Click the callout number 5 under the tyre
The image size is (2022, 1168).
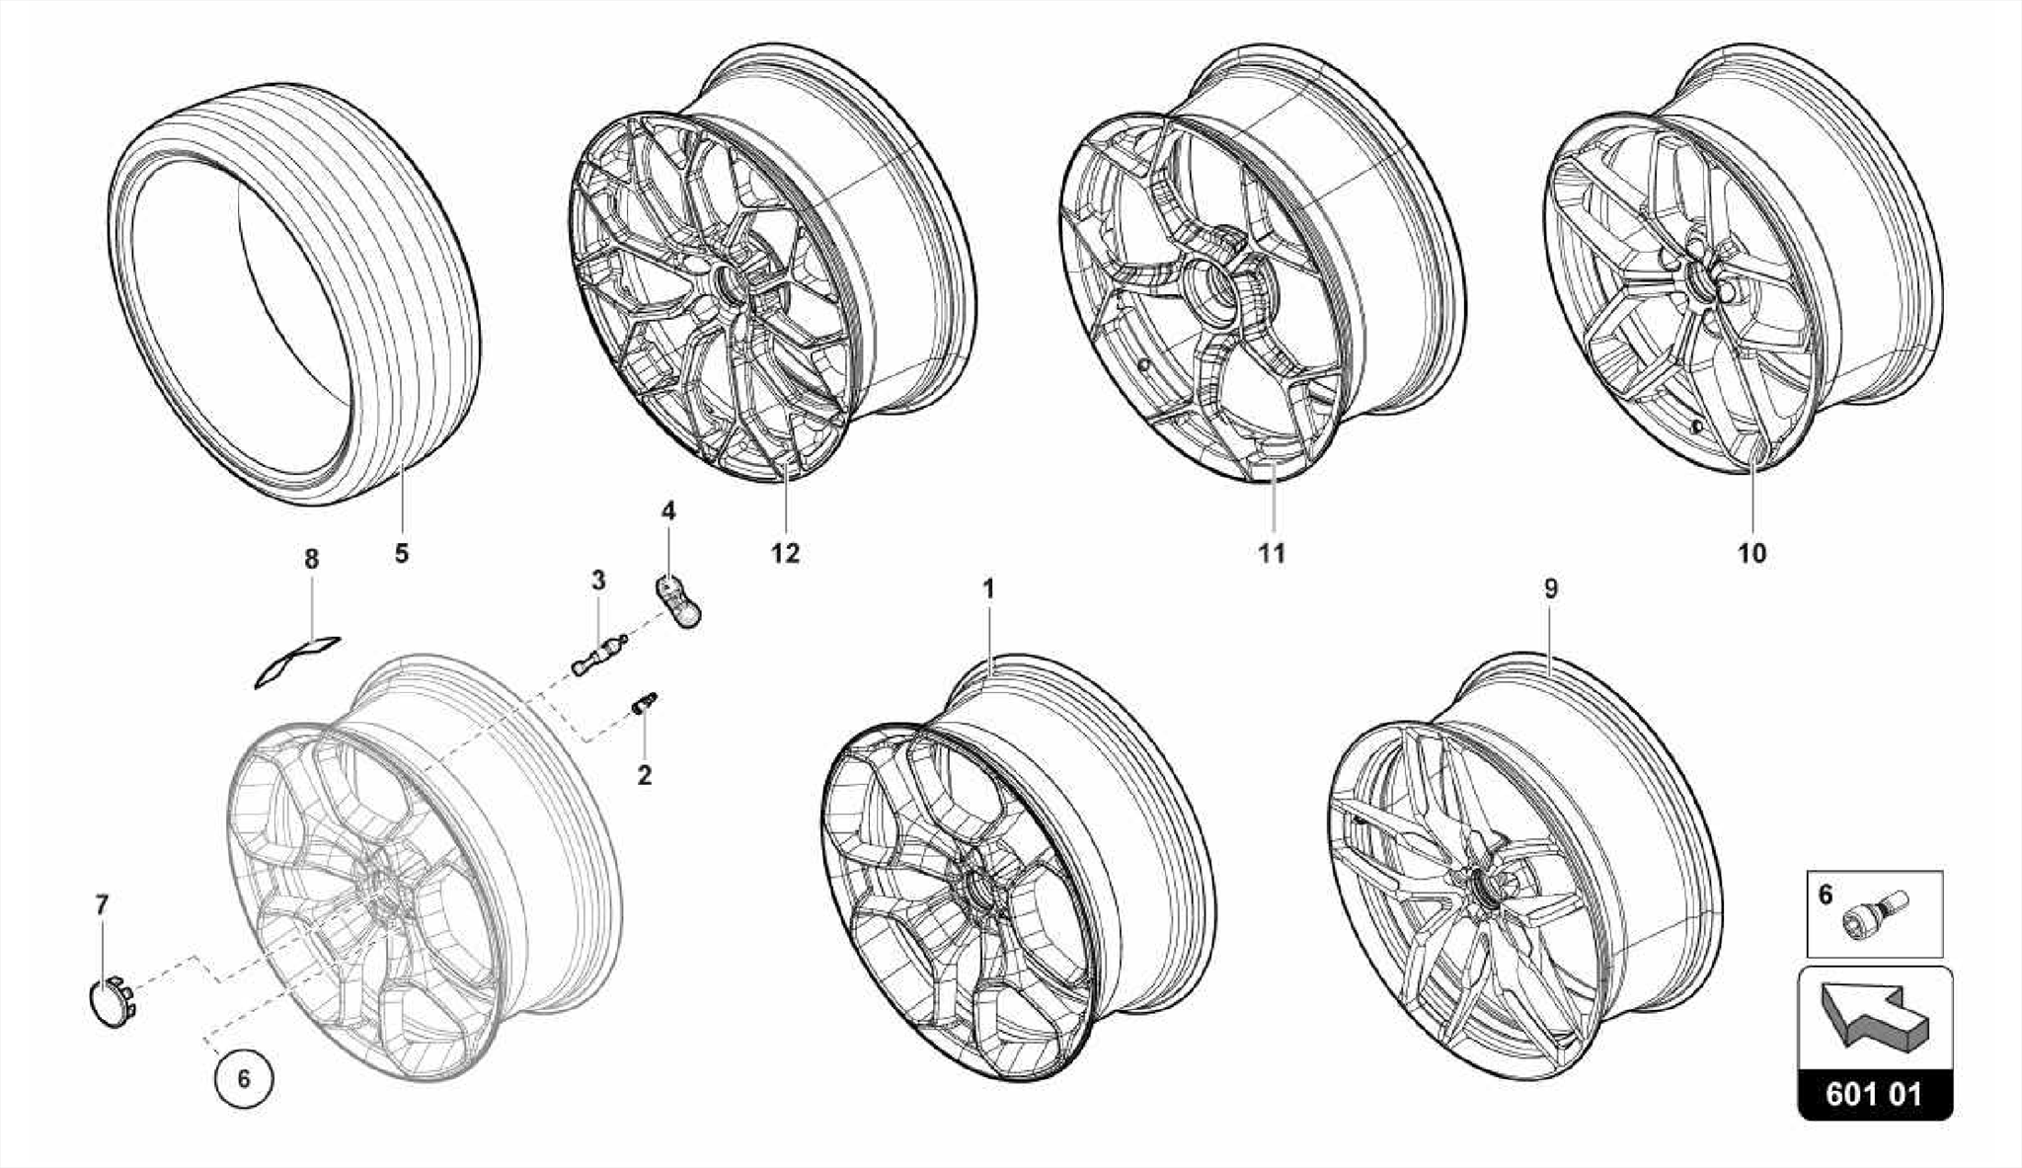coord(401,553)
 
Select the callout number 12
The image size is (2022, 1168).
coord(785,553)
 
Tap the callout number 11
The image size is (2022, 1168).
coord(1272,553)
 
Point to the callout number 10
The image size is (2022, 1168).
coord(1751,553)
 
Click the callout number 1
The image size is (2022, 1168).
coord(988,589)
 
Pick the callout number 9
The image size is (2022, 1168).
coord(1551,589)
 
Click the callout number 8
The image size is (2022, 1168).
coord(312,560)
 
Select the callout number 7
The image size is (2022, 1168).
coord(102,904)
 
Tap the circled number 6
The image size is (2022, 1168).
coord(244,1079)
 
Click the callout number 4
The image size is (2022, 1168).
coord(668,510)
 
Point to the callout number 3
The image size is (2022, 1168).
coord(598,580)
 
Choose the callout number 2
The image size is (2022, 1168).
coord(645,775)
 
